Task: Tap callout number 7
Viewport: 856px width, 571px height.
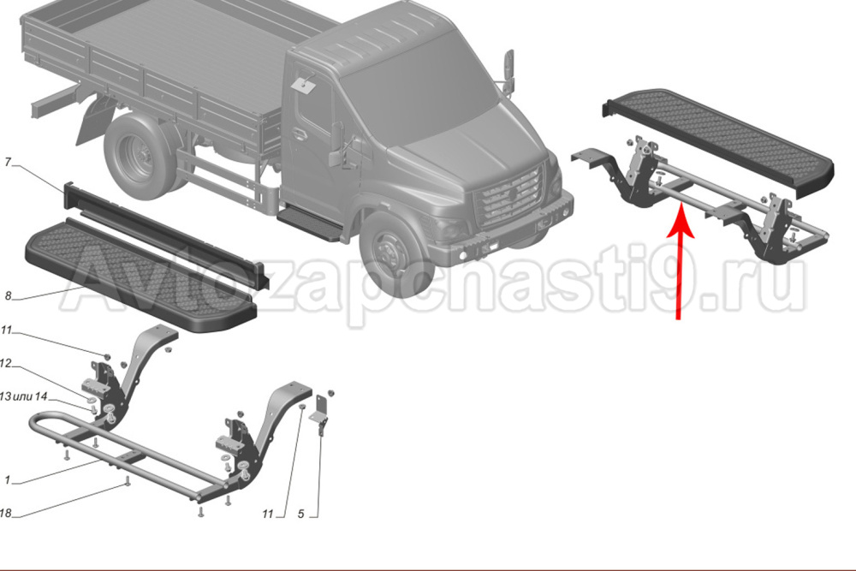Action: [8, 163]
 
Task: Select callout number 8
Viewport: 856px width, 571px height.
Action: [8, 296]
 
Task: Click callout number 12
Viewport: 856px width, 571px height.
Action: [5, 363]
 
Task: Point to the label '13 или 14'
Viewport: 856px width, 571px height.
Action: [24, 396]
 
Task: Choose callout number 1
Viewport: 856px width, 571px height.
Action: [7, 480]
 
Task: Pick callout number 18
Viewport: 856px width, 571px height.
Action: [5, 513]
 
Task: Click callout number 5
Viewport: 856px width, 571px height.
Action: [300, 514]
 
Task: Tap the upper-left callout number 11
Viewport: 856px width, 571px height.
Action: [6, 330]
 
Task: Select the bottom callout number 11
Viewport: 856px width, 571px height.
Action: [267, 514]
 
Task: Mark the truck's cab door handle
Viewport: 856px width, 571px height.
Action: [299, 134]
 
